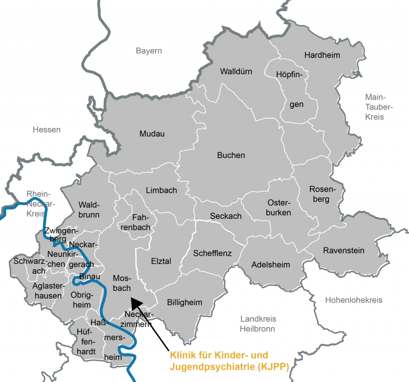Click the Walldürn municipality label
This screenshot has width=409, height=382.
(x=236, y=71)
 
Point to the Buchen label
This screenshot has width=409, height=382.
(x=231, y=155)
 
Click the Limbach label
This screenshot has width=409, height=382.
(x=162, y=190)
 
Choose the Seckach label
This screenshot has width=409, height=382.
(x=226, y=216)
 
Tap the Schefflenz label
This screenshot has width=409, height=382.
(x=212, y=253)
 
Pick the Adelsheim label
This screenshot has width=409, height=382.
(x=270, y=265)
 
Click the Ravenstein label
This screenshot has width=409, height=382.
(x=344, y=251)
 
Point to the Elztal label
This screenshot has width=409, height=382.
(x=161, y=261)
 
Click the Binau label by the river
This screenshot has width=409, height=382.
(x=89, y=277)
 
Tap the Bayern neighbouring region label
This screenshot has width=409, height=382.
(x=149, y=51)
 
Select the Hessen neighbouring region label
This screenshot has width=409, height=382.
(x=47, y=129)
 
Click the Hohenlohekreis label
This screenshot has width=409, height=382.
(x=353, y=300)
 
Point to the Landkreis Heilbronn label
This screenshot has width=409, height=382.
(x=258, y=324)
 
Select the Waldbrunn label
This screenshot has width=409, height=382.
(x=89, y=210)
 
